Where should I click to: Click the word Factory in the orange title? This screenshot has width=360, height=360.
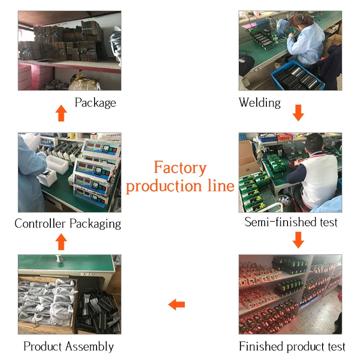(180, 168)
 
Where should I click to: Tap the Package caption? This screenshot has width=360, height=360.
(95, 103)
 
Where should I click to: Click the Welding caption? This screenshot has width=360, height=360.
(260, 103)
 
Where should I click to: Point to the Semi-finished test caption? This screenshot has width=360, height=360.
(291, 222)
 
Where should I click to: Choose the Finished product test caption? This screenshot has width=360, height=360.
(292, 346)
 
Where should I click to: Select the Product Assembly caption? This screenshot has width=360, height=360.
(69, 346)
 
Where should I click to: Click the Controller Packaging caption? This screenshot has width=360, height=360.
(68, 224)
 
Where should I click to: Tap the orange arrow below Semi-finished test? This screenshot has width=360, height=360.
(299, 240)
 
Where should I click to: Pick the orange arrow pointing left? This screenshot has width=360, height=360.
(177, 304)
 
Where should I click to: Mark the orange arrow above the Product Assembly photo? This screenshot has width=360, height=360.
(61, 241)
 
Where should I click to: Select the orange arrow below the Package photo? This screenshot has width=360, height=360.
(61, 113)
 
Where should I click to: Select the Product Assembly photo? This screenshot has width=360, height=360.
(70, 294)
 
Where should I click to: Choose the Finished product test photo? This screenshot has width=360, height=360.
(290, 294)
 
